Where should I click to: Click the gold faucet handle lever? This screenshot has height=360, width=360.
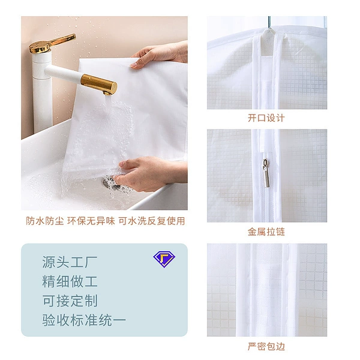click(x=53, y=43)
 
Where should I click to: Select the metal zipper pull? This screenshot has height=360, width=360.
click(x=266, y=173)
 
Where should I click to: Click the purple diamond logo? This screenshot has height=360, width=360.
click(x=164, y=259)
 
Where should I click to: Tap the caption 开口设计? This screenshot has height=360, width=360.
click(x=266, y=118)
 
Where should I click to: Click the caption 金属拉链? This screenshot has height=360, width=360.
click(x=266, y=232)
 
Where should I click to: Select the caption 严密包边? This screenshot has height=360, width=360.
click(x=266, y=346)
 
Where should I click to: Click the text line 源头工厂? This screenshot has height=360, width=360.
click(x=70, y=262)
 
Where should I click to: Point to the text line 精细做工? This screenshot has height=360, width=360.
click(x=70, y=281)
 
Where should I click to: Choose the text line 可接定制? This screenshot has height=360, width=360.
click(x=70, y=301)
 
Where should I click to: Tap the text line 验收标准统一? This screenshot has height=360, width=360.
click(x=84, y=320)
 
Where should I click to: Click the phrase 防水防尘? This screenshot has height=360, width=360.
click(x=45, y=221)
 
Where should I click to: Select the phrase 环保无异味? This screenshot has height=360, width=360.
click(x=91, y=221)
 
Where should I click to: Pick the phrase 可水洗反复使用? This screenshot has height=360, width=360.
click(x=152, y=221)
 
